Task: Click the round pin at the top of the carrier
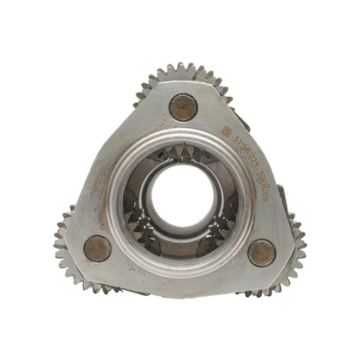pyautogui.click(x=183, y=106)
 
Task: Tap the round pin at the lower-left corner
pyautogui.click(x=97, y=248)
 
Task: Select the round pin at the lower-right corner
pyautogui.click(x=261, y=252)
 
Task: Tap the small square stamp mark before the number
pyautogui.click(x=227, y=132)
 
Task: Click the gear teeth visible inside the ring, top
pyautogui.click(x=184, y=156)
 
